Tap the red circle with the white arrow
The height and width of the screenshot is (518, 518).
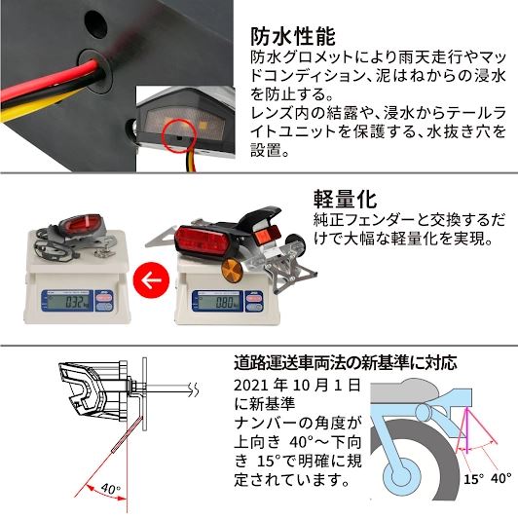(x=150, y=282)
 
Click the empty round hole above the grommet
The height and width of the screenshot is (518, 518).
(x=93, y=18)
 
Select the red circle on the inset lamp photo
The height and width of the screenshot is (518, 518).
(x=174, y=134)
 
